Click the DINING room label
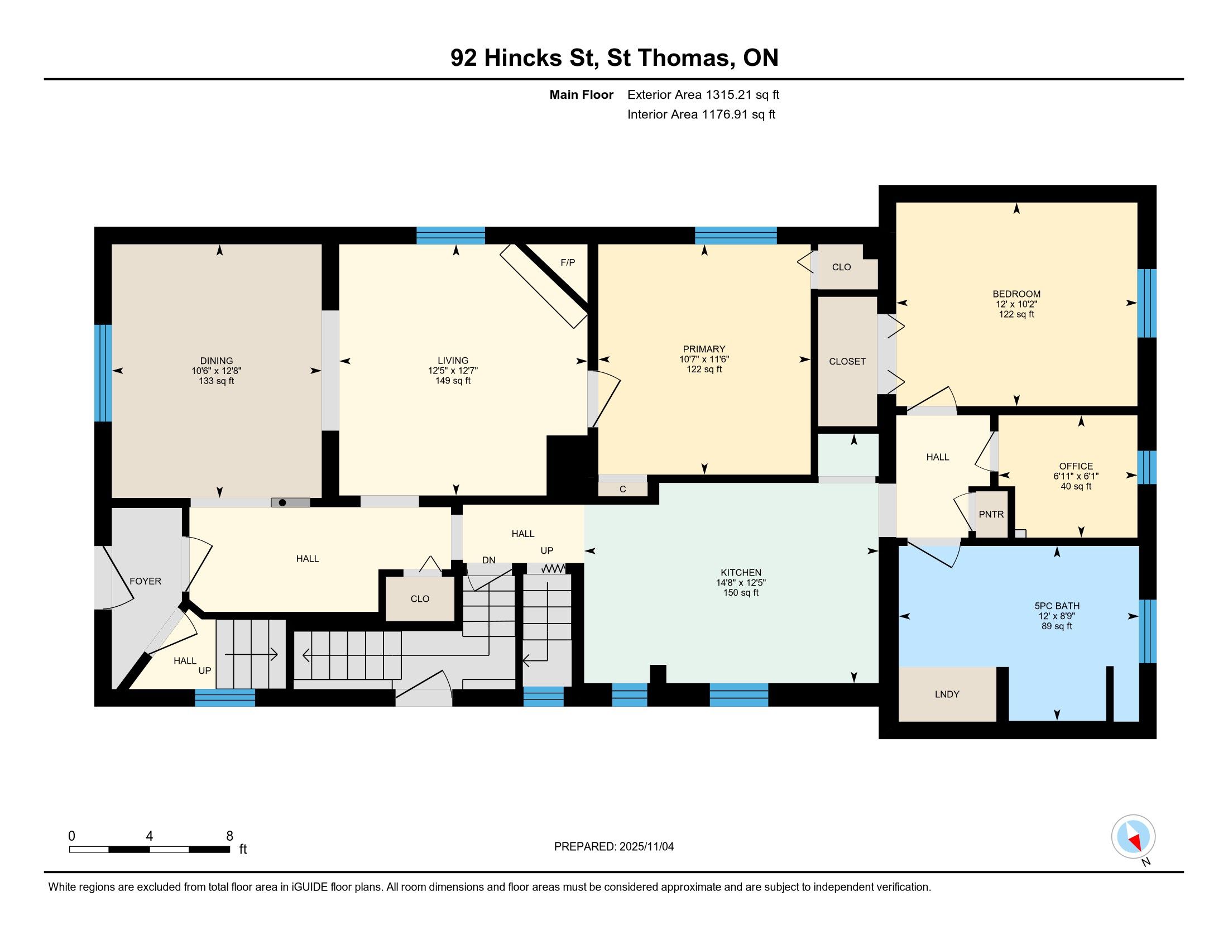(x=217, y=361)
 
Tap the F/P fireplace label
(x=568, y=262)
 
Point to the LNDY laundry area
(x=947, y=694)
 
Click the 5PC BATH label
(x=1057, y=606)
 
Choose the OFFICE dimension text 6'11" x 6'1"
(x=1076, y=476)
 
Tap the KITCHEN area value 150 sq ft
(x=741, y=592)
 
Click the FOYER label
(x=146, y=581)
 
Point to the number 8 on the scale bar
(x=229, y=836)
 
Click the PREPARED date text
(x=614, y=847)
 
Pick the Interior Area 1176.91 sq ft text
(x=701, y=114)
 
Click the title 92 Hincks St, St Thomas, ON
(x=615, y=58)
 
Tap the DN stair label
(x=488, y=560)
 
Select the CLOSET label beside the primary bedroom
(x=847, y=362)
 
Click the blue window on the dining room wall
(x=103, y=373)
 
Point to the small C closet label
(x=622, y=489)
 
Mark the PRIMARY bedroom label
(x=704, y=349)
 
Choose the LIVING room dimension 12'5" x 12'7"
(x=453, y=371)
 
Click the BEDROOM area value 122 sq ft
(x=1016, y=314)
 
